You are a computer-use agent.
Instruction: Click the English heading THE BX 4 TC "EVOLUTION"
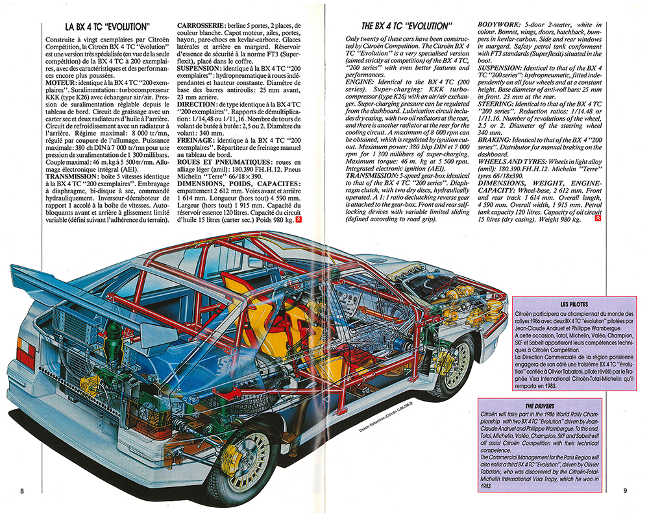(x=406, y=27)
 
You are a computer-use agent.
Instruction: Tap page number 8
(x=23, y=491)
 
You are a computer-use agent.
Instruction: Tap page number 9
(x=625, y=491)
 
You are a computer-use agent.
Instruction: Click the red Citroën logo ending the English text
(x=597, y=219)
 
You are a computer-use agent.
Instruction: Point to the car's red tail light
(x=25, y=353)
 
